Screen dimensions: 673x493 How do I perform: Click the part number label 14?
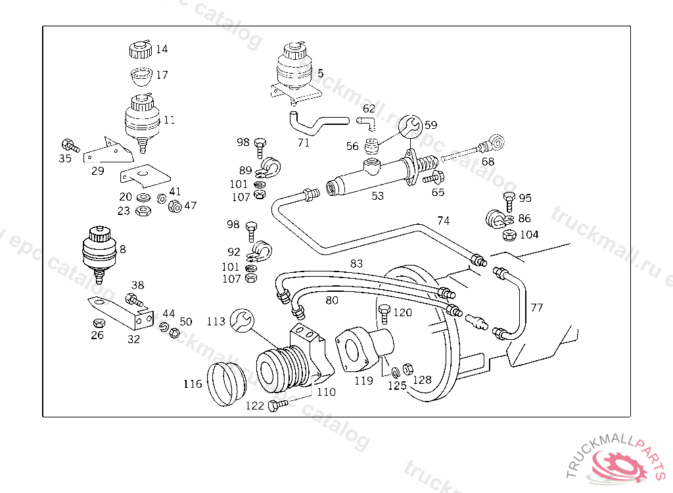pos(162,49)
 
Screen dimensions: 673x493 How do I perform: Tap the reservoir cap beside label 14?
pos(141,49)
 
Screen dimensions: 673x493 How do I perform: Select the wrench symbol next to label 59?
pos(411,126)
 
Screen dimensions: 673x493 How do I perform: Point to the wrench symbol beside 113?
pos(242,320)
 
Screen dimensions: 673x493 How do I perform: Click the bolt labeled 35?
pos(70,145)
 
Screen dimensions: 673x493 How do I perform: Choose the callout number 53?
pos(378,196)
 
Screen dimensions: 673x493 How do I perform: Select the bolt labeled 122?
pos(278,405)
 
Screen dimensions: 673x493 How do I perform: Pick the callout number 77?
pos(536,308)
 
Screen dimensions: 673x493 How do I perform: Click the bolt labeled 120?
pos(384,314)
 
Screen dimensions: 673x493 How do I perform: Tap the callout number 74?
pos(444,221)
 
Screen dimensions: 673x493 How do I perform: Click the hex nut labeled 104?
pos(509,235)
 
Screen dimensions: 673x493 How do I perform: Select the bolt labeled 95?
pos(509,202)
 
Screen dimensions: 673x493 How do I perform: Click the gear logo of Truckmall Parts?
pos(619,465)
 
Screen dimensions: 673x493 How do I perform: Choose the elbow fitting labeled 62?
pos(366,124)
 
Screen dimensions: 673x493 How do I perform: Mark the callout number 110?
pos(326,392)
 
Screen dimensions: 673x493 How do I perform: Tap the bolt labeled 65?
pos(434,177)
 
